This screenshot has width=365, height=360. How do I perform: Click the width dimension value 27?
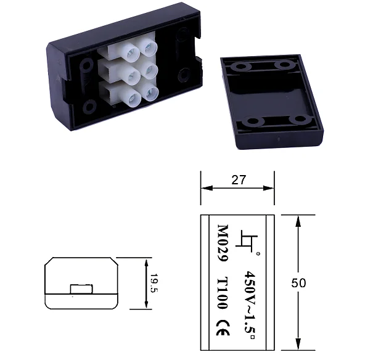pyautogui.click(x=238, y=179)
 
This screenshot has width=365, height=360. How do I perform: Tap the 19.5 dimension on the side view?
pyautogui.click(x=154, y=282)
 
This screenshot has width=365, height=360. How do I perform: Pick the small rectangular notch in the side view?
pyautogui.click(x=81, y=288)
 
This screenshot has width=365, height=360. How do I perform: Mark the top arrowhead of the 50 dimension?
pyautogui.click(x=298, y=219)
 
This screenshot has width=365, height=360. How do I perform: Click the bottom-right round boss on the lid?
pyautogui.click(x=300, y=120)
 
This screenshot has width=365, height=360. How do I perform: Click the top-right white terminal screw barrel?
pyautogui.click(x=147, y=46)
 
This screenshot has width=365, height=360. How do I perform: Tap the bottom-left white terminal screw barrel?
pyautogui.click(x=133, y=97)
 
